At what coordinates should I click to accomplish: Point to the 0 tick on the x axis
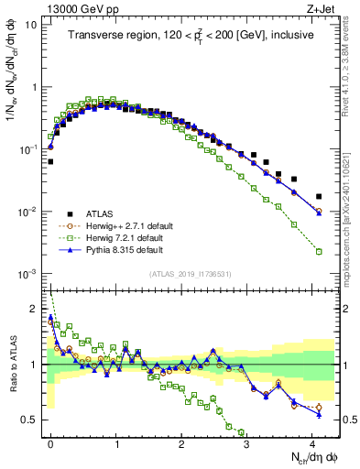50,442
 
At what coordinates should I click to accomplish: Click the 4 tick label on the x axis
312,442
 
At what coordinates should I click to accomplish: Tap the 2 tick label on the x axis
181,442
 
